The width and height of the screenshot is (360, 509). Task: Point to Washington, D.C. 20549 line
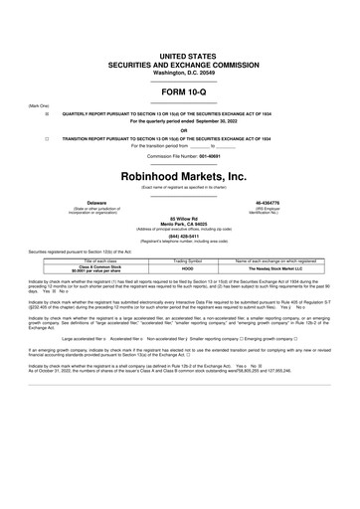pyautogui.click(x=180, y=73)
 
